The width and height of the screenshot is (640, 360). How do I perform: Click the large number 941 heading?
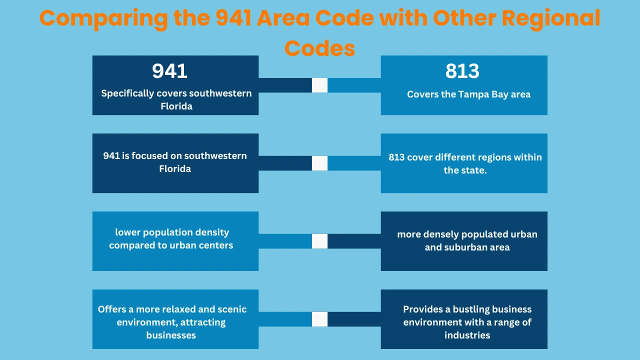pos(170,71)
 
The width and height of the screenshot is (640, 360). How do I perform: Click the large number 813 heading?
pos(462,71)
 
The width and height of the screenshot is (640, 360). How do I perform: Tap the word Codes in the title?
pos(319,48)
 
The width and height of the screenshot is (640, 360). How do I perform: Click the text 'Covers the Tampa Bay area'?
pos(468,94)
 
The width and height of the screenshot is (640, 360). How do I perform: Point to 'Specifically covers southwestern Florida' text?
pos(176,99)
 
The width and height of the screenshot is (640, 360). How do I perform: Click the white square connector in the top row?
pos(319,85)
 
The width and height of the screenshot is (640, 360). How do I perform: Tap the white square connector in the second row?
pos(319,163)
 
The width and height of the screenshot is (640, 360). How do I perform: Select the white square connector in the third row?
pos(319,241)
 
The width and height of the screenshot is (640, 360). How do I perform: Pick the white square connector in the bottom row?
pos(319,319)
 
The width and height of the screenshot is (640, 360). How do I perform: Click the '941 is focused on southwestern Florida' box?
pos(175,163)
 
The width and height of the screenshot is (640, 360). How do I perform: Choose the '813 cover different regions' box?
pos(464,163)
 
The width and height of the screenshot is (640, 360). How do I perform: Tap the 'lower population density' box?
pos(175,241)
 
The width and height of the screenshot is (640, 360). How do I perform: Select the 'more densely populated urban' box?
pos(464,241)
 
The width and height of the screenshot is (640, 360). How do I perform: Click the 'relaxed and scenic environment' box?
pos(175,319)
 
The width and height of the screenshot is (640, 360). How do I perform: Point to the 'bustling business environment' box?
pos(464,319)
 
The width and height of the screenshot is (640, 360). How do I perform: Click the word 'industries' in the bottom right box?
pos(467,335)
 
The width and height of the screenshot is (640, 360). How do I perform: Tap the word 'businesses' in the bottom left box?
pos(171,335)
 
